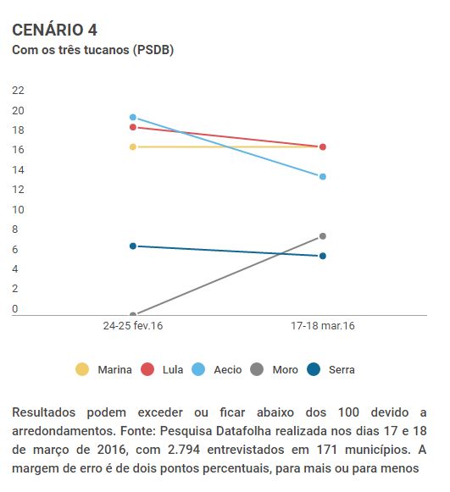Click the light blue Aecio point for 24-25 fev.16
(x=133, y=117)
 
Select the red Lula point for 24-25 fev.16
(x=133, y=127)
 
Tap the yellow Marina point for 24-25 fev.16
(x=133, y=146)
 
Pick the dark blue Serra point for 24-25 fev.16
(x=133, y=246)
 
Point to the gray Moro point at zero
(x=133, y=314)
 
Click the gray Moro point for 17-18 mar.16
(x=323, y=236)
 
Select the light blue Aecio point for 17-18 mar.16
(x=323, y=177)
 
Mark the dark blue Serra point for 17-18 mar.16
(x=323, y=256)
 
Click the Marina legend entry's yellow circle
(x=82, y=369)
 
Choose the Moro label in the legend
(x=285, y=369)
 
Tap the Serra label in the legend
(x=342, y=369)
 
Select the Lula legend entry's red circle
(x=147, y=369)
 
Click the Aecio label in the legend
(x=228, y=369)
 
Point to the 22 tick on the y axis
(x=18, y=91)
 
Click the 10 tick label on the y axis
(x=18, y=210)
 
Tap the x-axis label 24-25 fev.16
(x=133, y=326)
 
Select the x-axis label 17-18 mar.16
(x=323, y=326)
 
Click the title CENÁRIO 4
(x=54, y=30)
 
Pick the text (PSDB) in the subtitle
(x=153, y=50)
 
